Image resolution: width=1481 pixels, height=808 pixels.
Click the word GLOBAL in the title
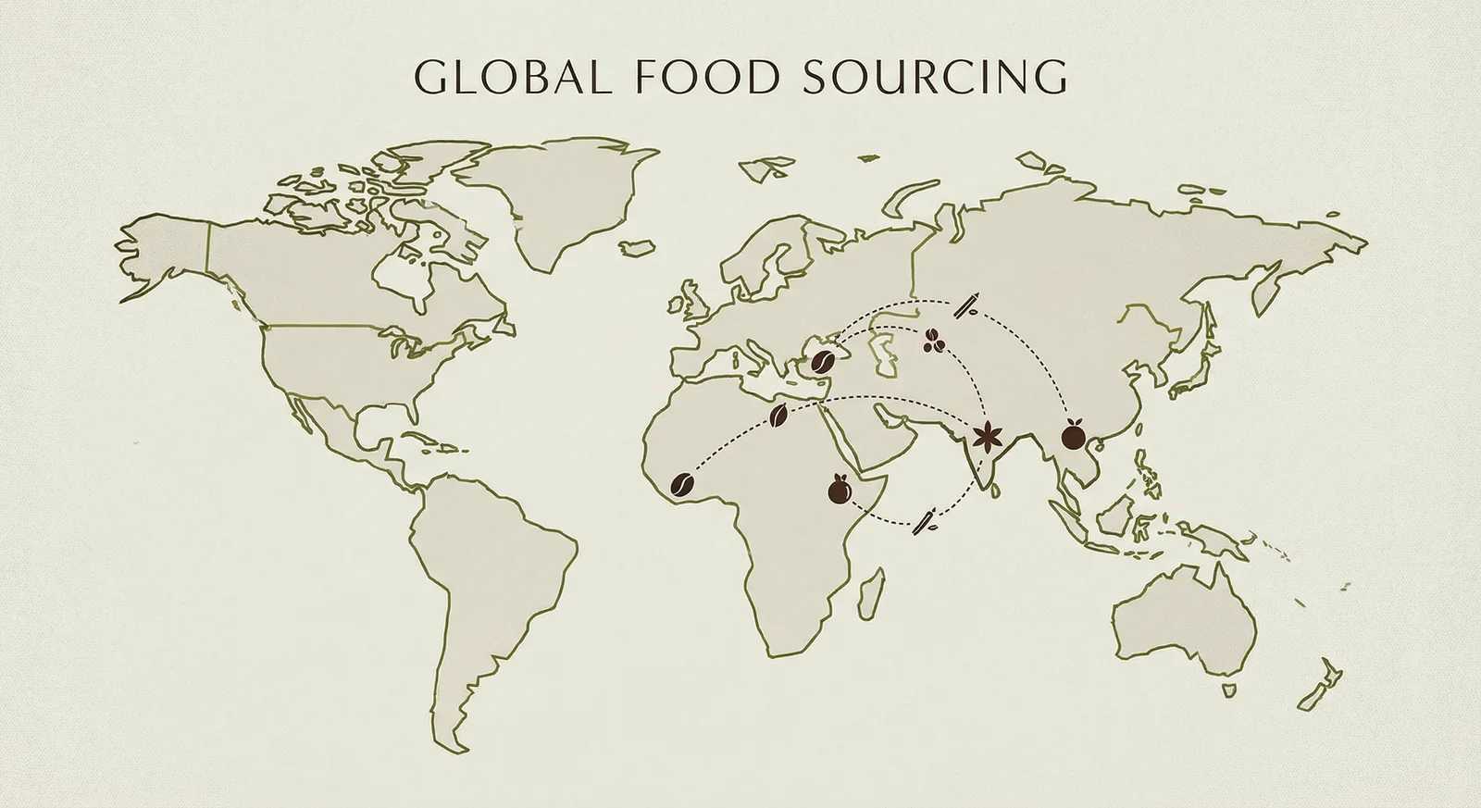[x=512, y=78]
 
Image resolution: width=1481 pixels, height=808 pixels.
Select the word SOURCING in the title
[x=935, y=78]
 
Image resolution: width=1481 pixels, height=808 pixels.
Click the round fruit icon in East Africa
[x=840, y=490]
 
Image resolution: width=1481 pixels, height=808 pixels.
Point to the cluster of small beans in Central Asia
[x=933, y=342]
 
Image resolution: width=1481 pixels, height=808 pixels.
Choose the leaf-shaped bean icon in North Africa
[x=779, y=416]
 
